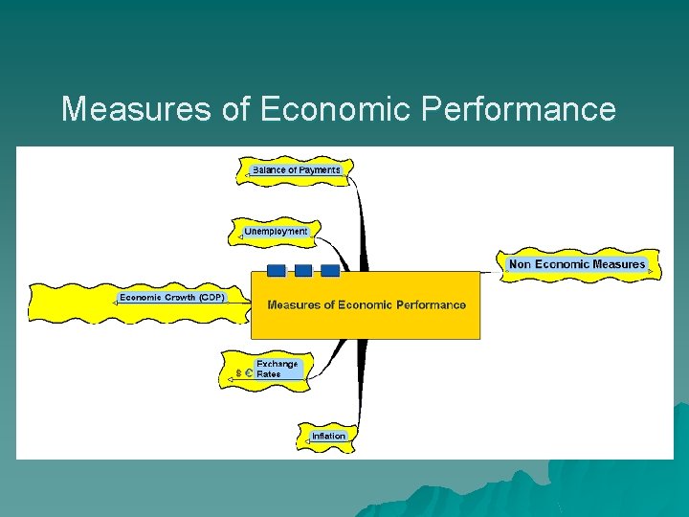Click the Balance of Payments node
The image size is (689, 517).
tap(296, 170)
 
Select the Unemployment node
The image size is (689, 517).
tap(276, 232)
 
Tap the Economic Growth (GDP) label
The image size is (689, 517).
tap(172, 298)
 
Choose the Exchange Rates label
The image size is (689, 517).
tap(277, 370)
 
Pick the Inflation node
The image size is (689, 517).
tap(328, 436)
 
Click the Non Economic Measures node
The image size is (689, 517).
tap(577, 264)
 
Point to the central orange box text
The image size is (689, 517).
tap(367, 305)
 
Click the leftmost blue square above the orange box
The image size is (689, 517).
tap(276, 270)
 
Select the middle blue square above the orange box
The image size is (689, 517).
tap(302, 270)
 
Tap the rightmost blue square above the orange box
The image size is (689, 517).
tap(329, 270)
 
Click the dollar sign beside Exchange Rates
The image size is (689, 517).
tap(237, 374)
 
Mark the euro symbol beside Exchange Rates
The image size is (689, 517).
tap(248, 374)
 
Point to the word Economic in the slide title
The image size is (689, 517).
tap(334, 109)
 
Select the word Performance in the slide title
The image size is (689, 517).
tap(518, 109)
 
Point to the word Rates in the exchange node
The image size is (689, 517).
tap(269, 374)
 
